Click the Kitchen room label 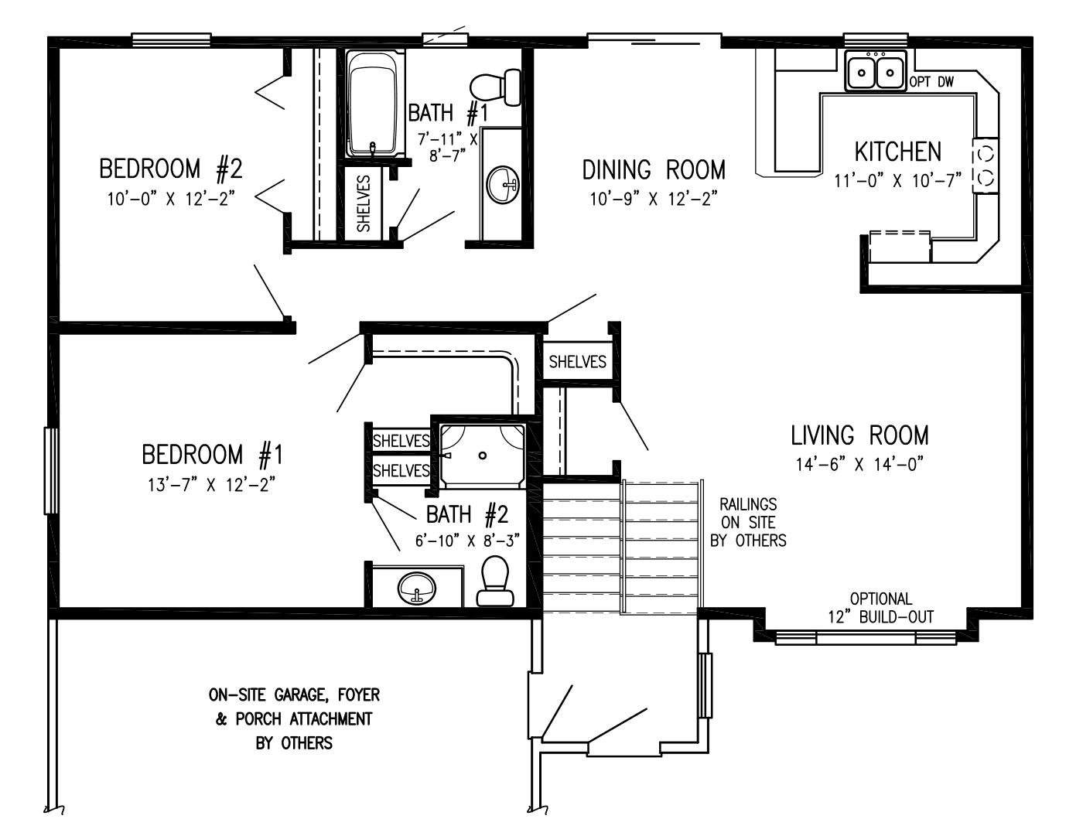click(x=897, y=152)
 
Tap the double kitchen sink click(x=876, y=73)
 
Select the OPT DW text click(x=931, y=82)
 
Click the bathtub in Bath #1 click(x=374, y=104)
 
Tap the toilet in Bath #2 click(x=495, y=582)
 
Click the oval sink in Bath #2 click(x=416, y=589)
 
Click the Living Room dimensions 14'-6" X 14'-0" click(x=859, y=465)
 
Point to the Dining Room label click(x=654, y=169)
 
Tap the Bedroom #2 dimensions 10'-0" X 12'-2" click(x=171, y=199)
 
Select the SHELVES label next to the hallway click(x=577, y=361)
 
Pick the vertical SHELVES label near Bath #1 click(x=364, y=203)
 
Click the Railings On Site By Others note click(x=748, y=523)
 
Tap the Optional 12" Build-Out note click(x=880, y=608)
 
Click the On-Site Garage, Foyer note click(x=294, y=719)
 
